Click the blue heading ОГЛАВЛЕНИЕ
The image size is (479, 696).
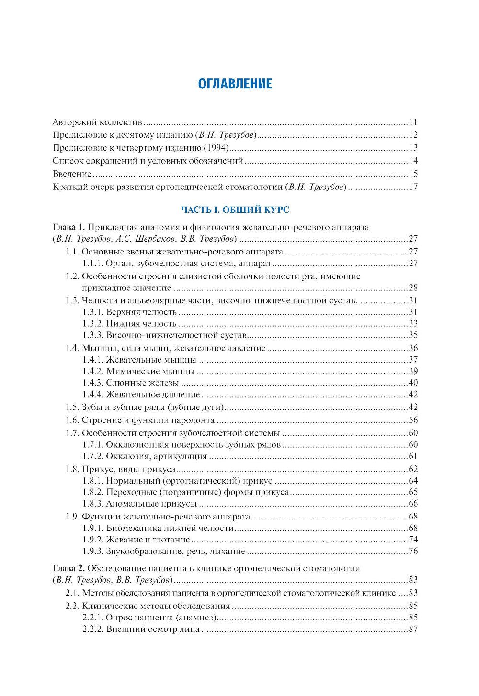tap(235, 84)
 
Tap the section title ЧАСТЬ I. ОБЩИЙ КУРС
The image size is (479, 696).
tap(235, 210)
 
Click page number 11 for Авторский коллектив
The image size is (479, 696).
tap(413, 122)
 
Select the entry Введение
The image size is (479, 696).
tap(72, 174)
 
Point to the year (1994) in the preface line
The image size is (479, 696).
tap(217, 148)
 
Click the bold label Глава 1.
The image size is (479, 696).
tap(68, 227)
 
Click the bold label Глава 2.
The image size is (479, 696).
tap(68, 569)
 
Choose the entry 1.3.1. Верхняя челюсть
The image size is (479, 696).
tap(129, 312)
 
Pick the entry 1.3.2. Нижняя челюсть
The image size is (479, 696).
tap(129, 324)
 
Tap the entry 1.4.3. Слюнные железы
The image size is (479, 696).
tap(130, 383)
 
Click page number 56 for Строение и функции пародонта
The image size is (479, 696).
tap(413, 420)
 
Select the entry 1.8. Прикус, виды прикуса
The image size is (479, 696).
tap(121, 469)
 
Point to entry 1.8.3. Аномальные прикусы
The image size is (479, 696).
tap(139, 504)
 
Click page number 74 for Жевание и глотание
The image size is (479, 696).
tap(413, 540)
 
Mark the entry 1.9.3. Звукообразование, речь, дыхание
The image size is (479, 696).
tap(163, 552)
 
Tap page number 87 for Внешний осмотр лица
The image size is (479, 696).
tap(413, 629)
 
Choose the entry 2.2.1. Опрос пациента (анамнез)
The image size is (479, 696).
tap(149, 618)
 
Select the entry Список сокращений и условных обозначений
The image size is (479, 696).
tap(148, 161)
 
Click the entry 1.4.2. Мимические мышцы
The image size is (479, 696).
tap(138, 371)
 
